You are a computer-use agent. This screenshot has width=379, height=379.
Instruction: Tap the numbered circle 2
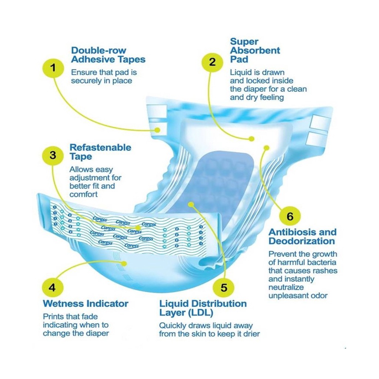pos(212,62)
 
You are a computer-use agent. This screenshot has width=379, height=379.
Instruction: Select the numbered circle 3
pos(53,155)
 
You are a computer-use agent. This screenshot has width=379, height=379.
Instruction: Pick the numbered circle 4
pos(53,288)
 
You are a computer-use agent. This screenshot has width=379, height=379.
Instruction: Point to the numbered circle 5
pos(224,288)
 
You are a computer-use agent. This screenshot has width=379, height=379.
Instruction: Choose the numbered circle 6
pos(290,216)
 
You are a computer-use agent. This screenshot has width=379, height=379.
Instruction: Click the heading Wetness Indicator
pos(85,303)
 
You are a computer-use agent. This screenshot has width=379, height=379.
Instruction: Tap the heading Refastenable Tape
pos(100,152)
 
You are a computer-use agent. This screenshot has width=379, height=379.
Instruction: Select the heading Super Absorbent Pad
pos(255,50)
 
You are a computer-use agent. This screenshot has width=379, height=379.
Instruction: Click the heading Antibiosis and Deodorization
pos(302,237)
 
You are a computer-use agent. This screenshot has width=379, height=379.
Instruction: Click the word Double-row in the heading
pos(98,50)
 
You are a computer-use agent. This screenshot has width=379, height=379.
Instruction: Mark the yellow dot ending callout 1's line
pos(157,130)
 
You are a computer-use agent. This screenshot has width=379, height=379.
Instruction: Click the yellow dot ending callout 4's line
pos(124,264)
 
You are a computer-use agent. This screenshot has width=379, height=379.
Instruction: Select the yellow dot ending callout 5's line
pos(191,205)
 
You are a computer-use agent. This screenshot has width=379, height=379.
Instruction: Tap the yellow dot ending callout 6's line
pos(266,147)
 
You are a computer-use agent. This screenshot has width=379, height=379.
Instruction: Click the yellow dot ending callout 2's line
pos(252,139)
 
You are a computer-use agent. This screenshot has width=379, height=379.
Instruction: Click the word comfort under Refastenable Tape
pos(84,194)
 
